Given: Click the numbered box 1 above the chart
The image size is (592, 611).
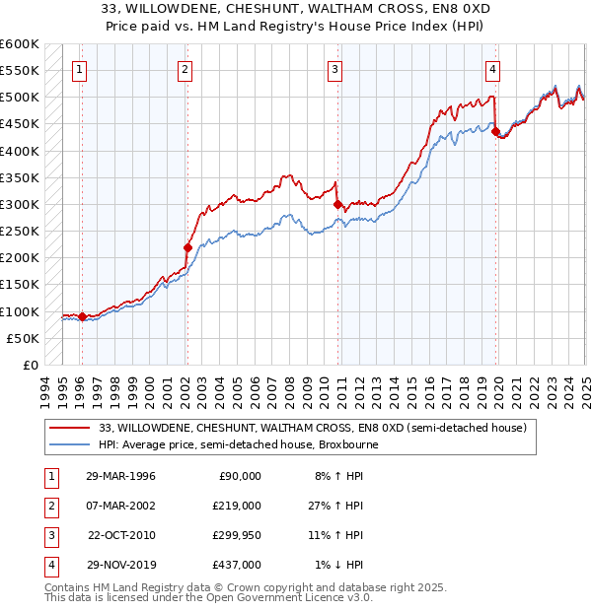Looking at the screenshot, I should click(79, 69).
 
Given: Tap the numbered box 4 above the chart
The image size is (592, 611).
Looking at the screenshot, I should click(491, 69).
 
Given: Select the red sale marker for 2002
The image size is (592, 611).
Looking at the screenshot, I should click(186, 247).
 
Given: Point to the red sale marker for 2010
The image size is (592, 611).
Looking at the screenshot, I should click(337, 205).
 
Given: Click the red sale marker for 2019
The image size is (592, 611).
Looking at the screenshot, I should click(495, 131).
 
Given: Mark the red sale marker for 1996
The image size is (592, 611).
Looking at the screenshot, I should click(83, 316).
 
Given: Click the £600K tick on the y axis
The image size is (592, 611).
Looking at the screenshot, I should click(20, 44).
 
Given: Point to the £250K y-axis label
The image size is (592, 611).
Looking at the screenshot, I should click(20, 232).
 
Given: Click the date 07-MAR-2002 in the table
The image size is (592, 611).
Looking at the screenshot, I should click(120, 506).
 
